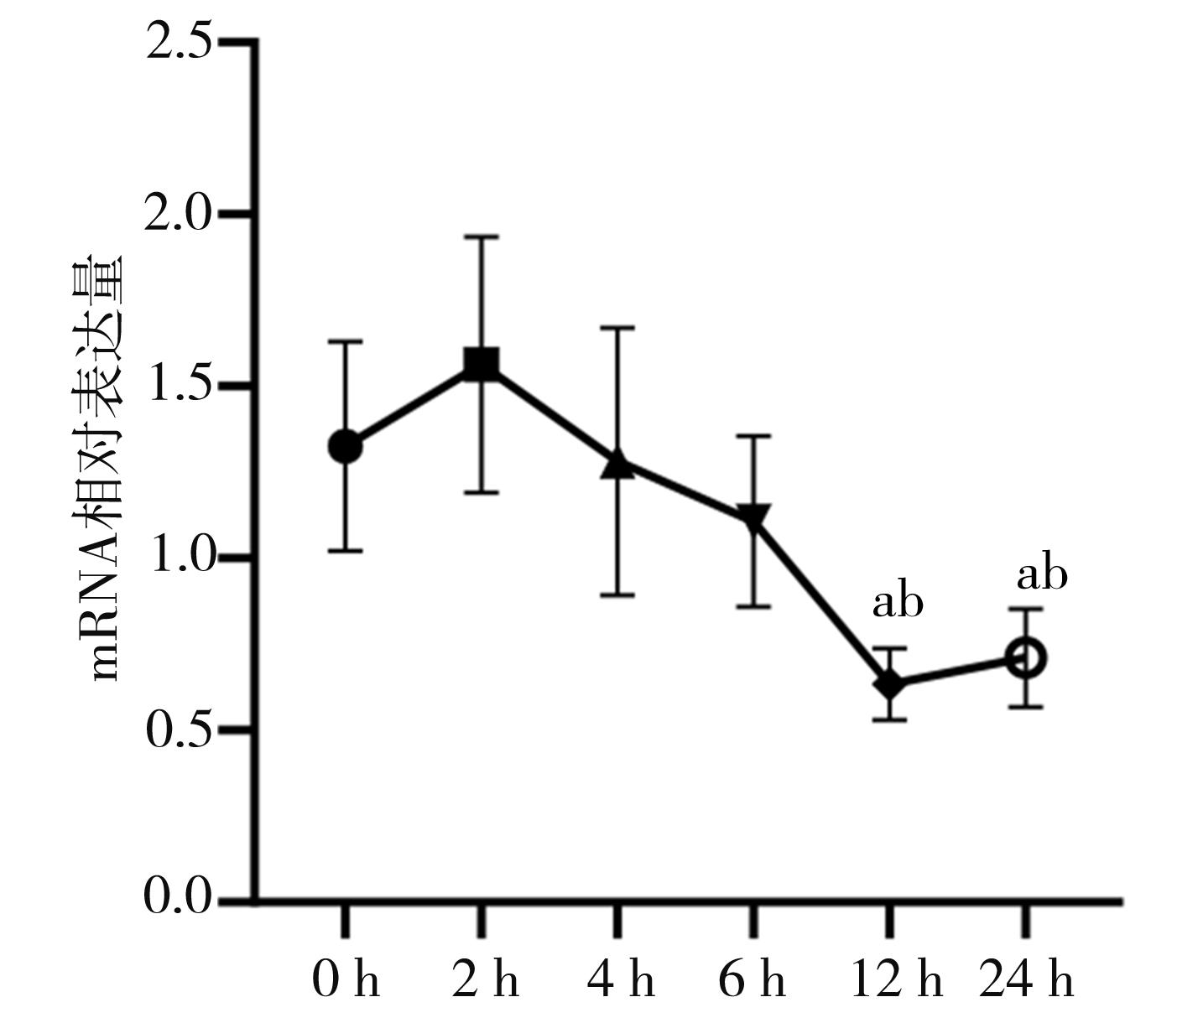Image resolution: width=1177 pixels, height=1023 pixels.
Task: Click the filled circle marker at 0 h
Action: tap(345, 446)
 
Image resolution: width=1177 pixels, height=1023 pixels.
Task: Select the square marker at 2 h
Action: tap(482, 365)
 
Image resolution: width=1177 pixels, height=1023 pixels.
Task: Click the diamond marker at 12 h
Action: tap(889, 684)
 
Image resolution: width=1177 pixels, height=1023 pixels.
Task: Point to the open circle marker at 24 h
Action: tap(1025, 658)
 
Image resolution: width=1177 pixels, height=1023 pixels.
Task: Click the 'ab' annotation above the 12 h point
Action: tap(898, 602)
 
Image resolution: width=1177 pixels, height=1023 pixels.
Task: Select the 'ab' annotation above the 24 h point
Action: tap(1042, 575)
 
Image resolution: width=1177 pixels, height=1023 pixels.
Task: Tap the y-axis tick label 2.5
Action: tap(179, 42)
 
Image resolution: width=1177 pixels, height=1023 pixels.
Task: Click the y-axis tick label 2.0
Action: tap(179, 214)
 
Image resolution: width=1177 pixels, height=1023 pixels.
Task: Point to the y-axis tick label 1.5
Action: tap(179, 386)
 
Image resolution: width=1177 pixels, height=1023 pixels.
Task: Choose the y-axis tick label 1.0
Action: tap(179, 558)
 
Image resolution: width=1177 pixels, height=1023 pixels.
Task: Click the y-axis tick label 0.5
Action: tap(179, 730)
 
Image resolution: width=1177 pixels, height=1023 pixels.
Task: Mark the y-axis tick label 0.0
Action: tap(179, 898)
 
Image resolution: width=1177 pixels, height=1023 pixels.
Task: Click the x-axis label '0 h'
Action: tap(346, 979)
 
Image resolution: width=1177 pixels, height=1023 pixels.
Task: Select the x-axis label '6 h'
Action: tap(753, 979)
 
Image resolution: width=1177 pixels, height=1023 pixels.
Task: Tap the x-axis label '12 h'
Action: tap(896, 979)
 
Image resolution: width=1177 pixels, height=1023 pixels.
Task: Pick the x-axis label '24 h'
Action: tap(1026, 979)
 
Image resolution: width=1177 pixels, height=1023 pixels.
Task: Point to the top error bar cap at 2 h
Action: tap(482, 237)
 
